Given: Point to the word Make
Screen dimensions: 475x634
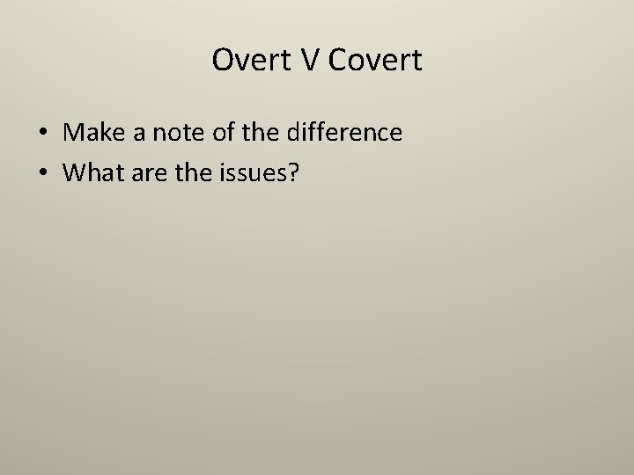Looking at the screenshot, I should pos(94,133).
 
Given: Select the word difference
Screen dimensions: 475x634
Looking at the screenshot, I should pos(346,133).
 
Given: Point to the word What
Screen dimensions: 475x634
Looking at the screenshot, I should pos(93,174).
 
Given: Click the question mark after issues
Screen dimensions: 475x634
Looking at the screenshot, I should pos(294,174).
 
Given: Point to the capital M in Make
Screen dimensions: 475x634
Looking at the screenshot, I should pos(74,133).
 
